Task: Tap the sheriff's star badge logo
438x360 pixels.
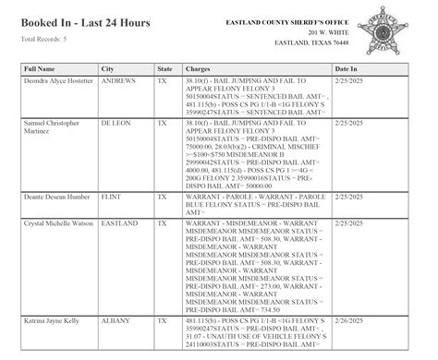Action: (392, 33)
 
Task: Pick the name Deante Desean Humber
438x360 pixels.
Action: (58, 198)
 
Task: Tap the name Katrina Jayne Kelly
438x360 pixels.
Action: (55, 318)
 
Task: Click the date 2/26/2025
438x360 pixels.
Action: (351, 318)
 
